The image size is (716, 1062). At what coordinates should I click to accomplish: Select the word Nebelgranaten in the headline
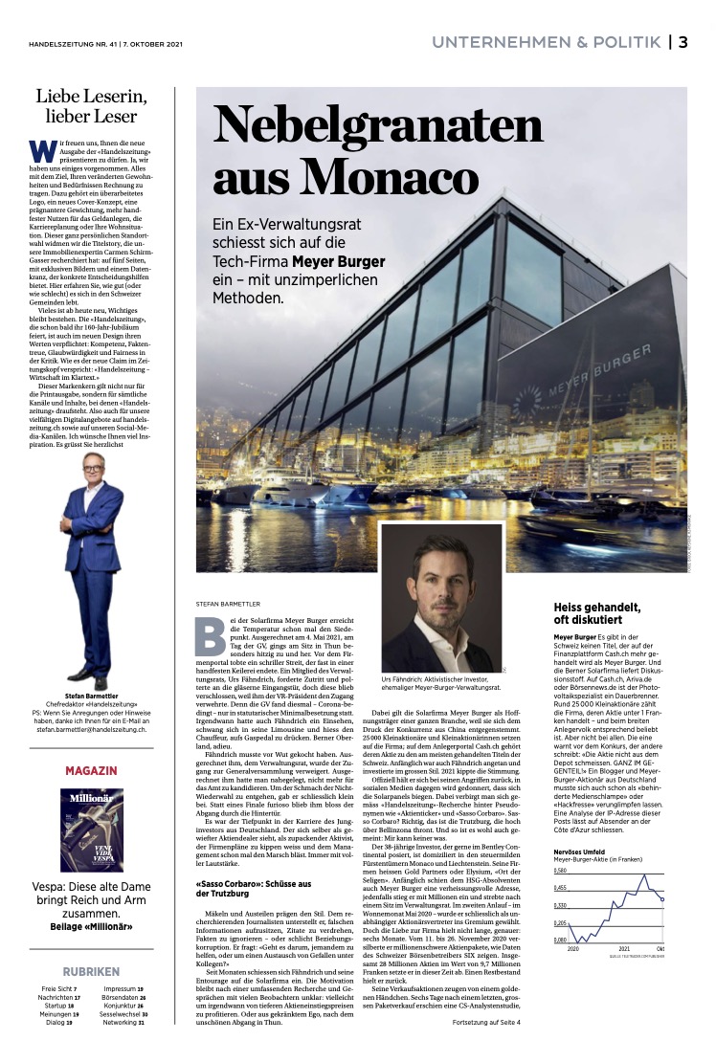(x=377, y=124)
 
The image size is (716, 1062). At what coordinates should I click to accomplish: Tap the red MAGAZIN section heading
(x=92, y=770)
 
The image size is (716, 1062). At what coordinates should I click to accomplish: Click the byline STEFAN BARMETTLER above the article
(x=236, y=604)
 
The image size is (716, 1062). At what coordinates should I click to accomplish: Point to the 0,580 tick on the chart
(x=563, y=872)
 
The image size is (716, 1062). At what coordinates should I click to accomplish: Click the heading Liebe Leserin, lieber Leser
(x=92, y=105)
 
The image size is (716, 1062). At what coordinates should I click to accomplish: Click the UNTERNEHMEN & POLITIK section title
(x=546, y=41)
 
